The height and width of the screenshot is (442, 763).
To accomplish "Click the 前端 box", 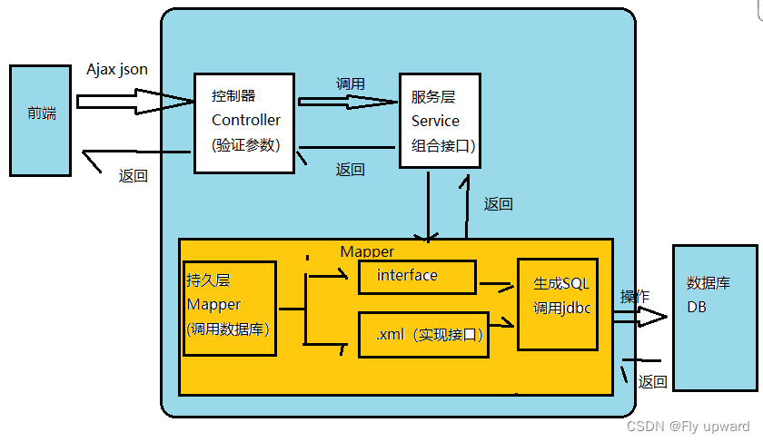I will click(40, 120).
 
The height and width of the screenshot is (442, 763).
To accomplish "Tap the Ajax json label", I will click(116, 69).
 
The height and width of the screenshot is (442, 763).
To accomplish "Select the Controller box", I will click(245, 122).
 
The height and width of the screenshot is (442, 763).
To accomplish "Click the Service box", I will click(440, 121).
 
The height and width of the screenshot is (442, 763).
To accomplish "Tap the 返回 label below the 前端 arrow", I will click(133, 176).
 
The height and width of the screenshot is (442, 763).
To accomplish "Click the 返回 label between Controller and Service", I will click(350, 169).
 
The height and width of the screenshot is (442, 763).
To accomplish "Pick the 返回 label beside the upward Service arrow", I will click(498, 204).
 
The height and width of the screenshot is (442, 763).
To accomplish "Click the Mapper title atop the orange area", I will click(367, 250).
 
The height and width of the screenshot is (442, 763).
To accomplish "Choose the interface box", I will click(417, 277).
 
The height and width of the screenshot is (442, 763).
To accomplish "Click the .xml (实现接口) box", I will click(423, 334).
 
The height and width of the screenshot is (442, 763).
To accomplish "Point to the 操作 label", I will click(634, 297).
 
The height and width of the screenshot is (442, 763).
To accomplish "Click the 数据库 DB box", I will click(714, 317).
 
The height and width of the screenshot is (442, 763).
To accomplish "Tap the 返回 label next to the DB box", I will click(652, 382).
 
